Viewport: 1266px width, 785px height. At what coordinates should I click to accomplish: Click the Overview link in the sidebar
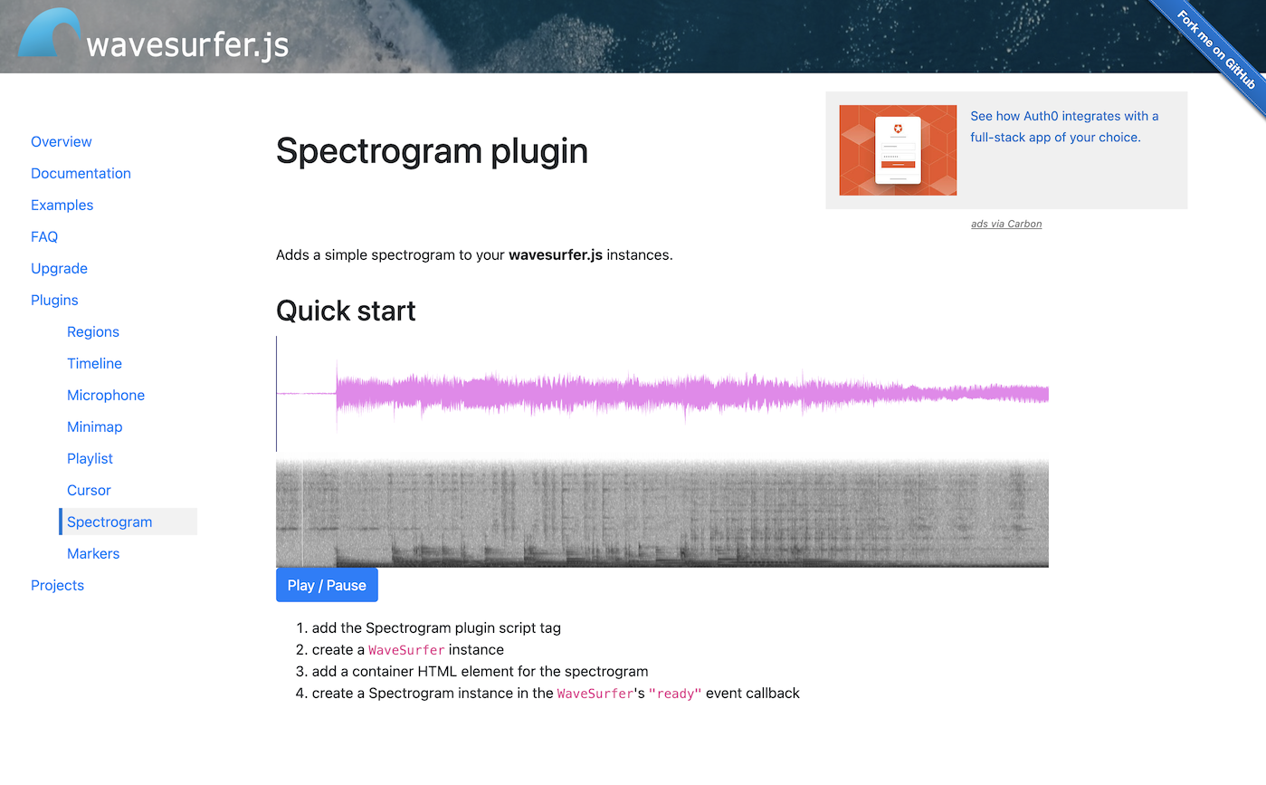(62, 141)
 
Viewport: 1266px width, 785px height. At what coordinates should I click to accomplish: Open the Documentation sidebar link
(81, 173)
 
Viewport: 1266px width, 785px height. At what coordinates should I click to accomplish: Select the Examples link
(62, 205)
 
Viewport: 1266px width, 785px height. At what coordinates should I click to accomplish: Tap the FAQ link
(44, 236)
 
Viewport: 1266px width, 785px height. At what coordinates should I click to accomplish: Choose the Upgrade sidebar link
(59, 268)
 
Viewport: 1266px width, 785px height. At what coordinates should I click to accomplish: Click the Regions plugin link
(93, 331)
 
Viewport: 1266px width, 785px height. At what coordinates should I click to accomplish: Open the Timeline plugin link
(94, 363)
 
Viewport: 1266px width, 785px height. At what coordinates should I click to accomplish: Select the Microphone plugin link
(106, 395)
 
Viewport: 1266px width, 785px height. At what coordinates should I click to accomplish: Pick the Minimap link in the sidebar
(94, 426)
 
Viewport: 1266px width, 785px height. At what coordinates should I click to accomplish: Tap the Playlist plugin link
(90, 458)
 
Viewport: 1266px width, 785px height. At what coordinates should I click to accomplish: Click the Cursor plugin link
(89, 490)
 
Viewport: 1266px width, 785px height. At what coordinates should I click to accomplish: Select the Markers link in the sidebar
(93, 553)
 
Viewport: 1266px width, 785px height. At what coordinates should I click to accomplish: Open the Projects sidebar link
(57, 585)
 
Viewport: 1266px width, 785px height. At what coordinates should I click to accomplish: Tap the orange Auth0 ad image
(898, 150)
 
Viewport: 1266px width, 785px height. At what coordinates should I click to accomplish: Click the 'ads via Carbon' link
(1006, 224)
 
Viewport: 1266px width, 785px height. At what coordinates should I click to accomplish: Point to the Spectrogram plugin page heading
(432, 150)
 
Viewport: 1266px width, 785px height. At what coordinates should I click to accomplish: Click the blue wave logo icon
(49, 34)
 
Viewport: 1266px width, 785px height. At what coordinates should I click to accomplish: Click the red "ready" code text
(675, 694)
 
